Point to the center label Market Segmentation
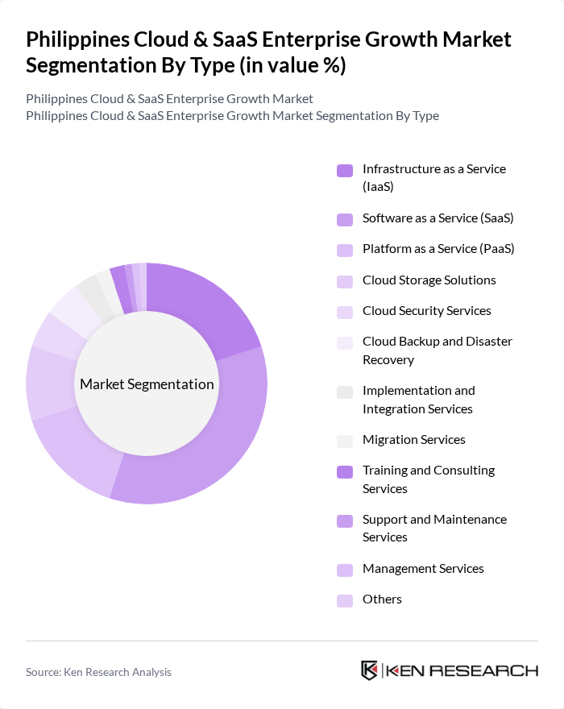[x=147, y=384]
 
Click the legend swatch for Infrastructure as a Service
[x=345, y=170]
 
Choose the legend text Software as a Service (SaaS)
[x=438, y=218]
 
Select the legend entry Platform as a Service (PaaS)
[x=438, y=249]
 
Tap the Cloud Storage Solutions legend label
[x=429, y=280]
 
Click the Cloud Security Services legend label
[x=426, y=311]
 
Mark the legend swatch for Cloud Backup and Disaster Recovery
[x=345, y=342]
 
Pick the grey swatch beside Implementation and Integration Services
[x=345, y=392]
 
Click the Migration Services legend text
[x=413, y=440]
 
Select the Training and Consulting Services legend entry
[x=428, y=479]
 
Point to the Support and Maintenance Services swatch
[x=345, y=520]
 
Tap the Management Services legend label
[x=423, y=569]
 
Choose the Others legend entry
[x=382, y=599]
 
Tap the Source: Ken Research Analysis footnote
[x=98, y=672]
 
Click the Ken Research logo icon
[x=370, y=670]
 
